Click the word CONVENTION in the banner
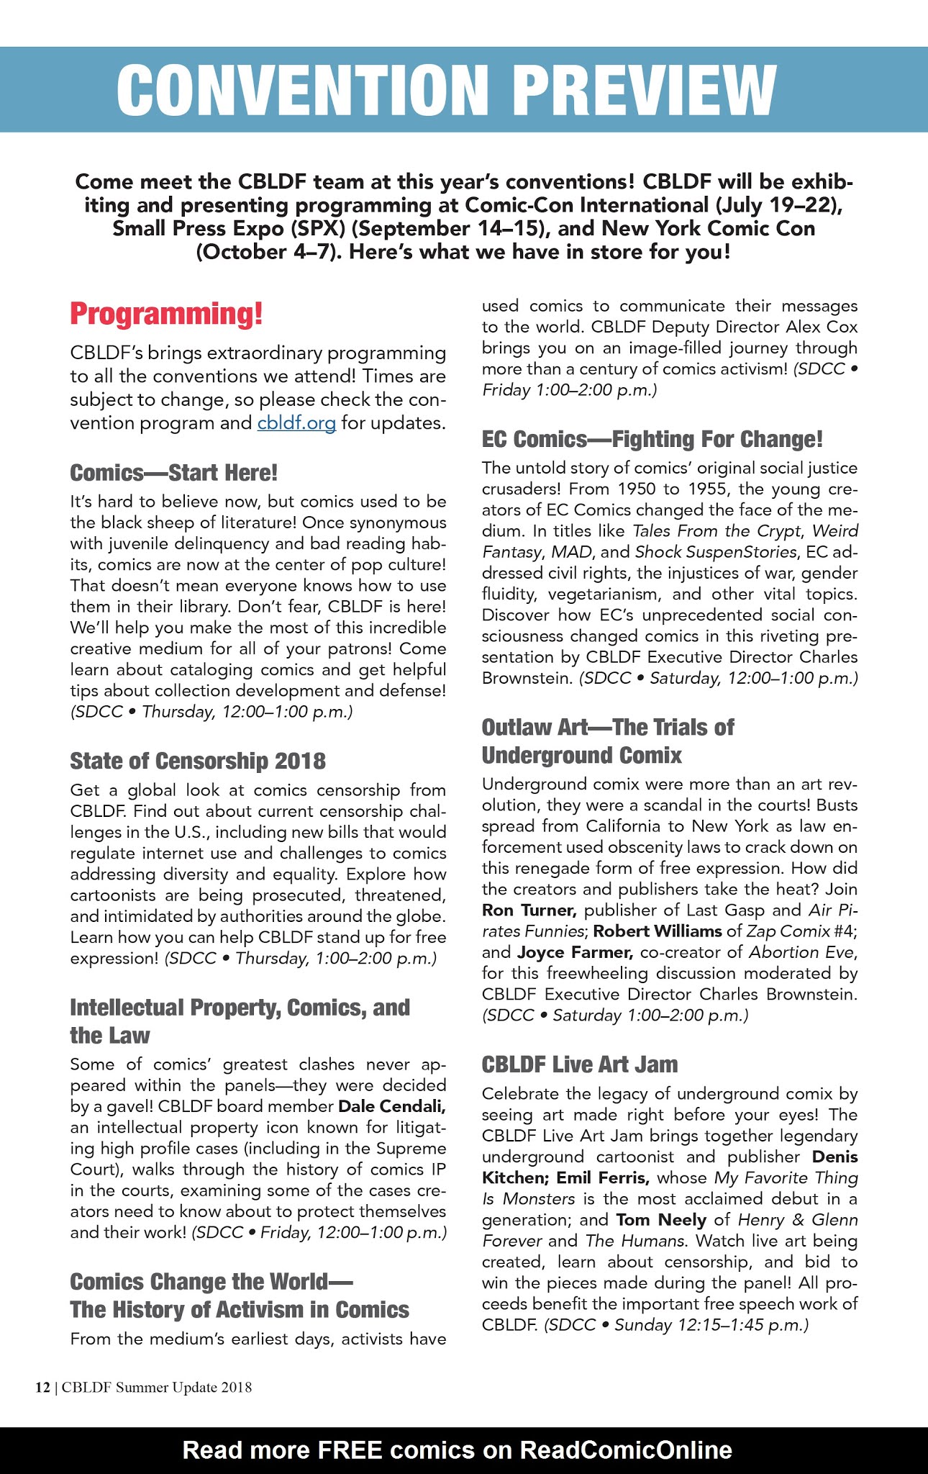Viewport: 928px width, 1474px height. [x=302, y=89]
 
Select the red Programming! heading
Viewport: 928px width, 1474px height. [x=166, y=315]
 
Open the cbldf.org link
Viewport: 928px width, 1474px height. [x=296, y=423]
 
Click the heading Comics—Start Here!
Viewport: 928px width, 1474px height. [x=173, y=473]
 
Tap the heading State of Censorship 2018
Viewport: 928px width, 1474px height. [x=198, y=761]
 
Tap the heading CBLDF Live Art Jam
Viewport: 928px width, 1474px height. [x=580, y=1064]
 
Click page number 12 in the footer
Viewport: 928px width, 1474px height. [x=42, y=1388]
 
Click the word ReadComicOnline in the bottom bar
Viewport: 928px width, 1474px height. [x=625, y=1450]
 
